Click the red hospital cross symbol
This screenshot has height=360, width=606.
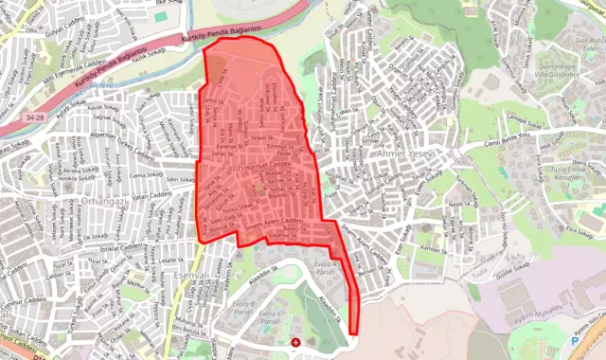point(297,341)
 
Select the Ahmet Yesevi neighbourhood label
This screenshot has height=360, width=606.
point(403,153)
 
